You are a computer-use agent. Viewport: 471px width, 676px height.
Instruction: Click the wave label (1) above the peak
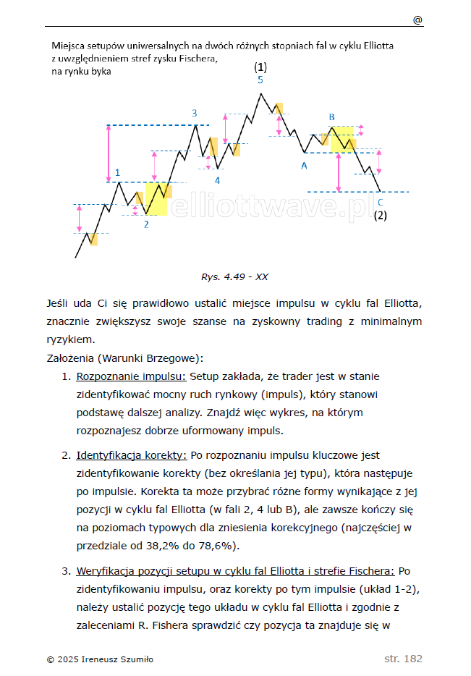(x=260, y=67)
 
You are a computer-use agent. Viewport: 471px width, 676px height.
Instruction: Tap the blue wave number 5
(x=260, y=80)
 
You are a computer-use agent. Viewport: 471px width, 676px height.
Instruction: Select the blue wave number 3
(x=194, y=113)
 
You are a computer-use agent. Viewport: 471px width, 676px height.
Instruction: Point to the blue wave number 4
(x=217, y=179)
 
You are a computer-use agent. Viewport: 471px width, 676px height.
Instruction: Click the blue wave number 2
(x=146, y=224)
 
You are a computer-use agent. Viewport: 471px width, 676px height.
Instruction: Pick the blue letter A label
(x=304, y=166)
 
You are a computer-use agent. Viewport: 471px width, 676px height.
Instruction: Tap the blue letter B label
(x=332, y=117)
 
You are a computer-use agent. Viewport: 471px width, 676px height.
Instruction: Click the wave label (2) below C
(x=381, y=215)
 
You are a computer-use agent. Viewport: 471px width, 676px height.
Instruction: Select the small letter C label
(x=381, y=202)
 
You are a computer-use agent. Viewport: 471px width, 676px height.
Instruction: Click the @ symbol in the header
(x=417, y=20)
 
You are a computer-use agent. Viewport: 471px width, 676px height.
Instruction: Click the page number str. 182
(x=403, y=659)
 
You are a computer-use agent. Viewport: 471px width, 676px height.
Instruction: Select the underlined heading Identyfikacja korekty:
(x=132, y=455)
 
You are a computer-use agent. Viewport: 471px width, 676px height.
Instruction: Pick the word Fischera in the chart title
(x=195, y=59)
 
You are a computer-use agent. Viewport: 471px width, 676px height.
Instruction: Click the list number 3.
(x=65, y=570)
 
